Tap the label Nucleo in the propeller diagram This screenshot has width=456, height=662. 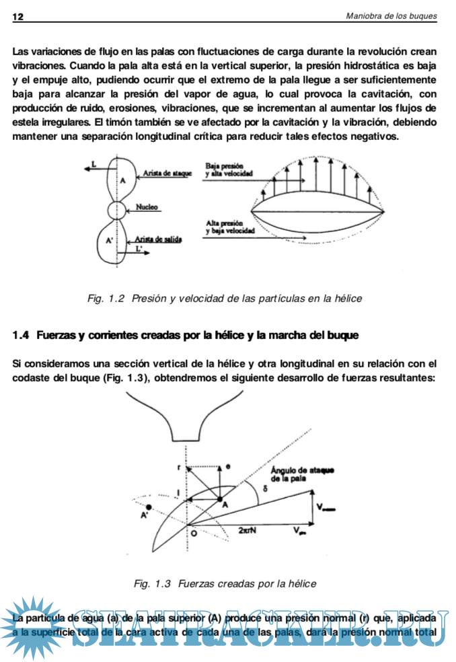tap(147, 207)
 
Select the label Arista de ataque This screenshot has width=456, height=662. tap(167, 174)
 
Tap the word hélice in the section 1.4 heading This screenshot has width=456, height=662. tap(233, 334)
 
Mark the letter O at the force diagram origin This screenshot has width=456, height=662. tap(193, 532)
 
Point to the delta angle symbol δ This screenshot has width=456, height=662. tap(265, 488)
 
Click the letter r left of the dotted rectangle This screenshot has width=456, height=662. tap(179, 466)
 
